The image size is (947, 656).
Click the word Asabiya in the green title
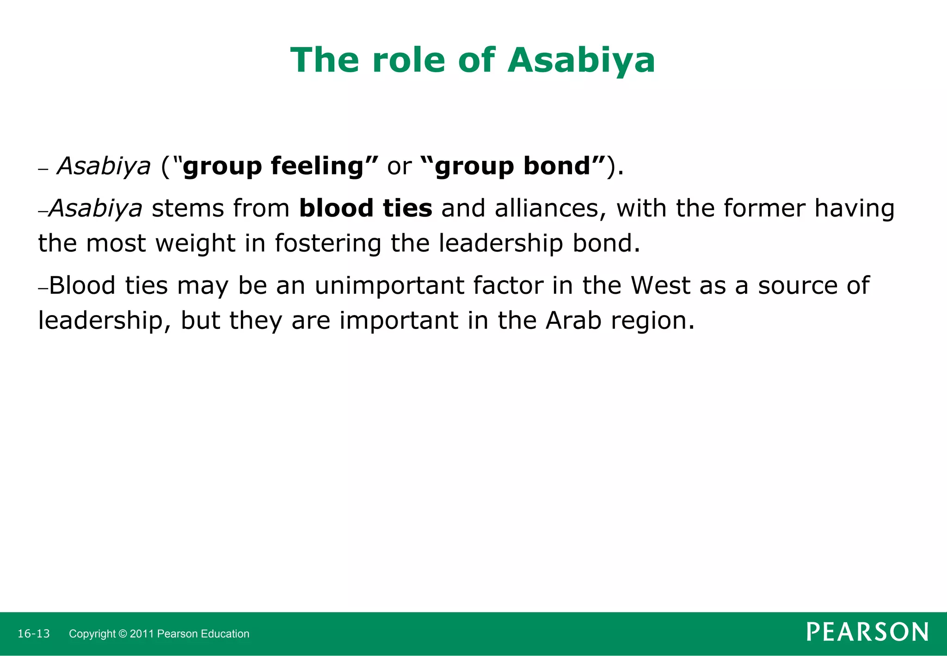[x=581, y=61]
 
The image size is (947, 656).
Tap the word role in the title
[x=407, y=61]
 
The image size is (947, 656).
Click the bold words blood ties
[x=365, y=208]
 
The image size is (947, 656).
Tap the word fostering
[x=328, y=243]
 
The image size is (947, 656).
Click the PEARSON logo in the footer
[x=867, y=632]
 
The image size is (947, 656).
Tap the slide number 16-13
[x=33, y=634]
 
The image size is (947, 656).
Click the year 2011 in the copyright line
[x=142, y=634]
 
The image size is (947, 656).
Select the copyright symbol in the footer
[x=123, y=634]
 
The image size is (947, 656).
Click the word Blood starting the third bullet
[x=82, y=285]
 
